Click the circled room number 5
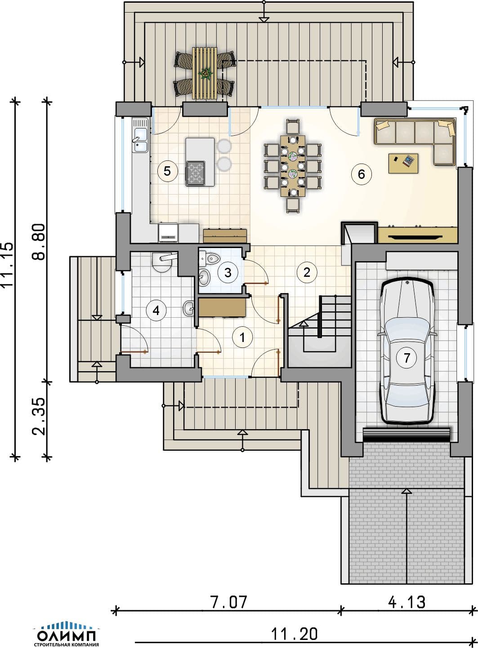click(x=167, y=171)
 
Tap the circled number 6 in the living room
click(x=361, y=174)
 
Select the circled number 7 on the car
click(x=407, y=358)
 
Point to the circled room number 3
click(x=228, y=272)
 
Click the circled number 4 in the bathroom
click(x=156, y=311)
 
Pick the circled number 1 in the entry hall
click(x=242, y=337)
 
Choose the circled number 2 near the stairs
click(x=307, y=272)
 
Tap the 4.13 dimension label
click(x=407, y=602)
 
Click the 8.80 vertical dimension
click(x=39, y=242)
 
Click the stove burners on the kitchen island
click(x=195, y=173)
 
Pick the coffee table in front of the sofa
click(x=403, y=164)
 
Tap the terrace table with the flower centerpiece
click(x=205, y=73)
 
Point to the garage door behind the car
click(x=407, y=435)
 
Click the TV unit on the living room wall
click(x=417, y=235)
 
